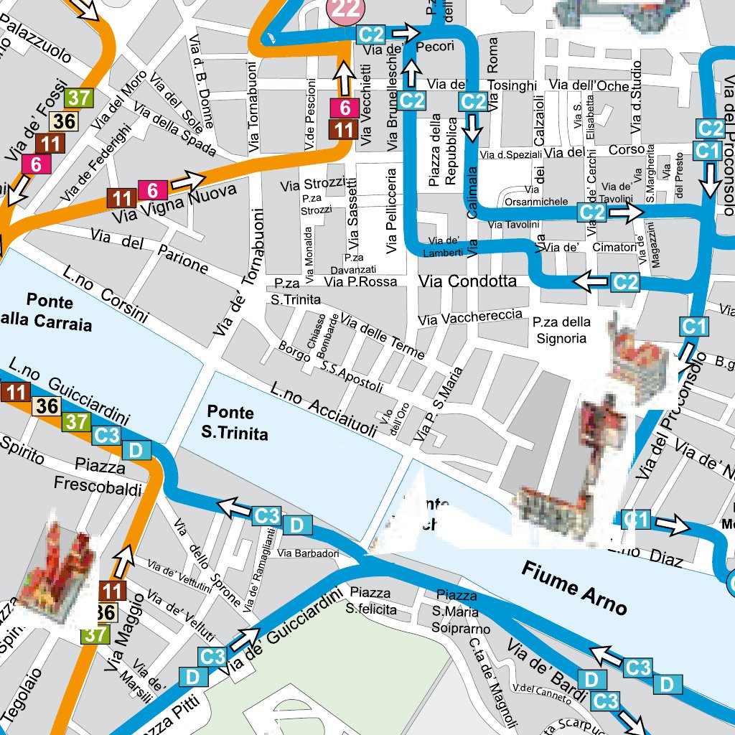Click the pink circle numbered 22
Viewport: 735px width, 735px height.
[345, 9]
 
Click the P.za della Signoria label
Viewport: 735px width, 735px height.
[561, 329]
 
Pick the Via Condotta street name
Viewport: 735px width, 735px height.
[468, 281]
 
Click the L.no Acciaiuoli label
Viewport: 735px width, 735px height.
[323, 409]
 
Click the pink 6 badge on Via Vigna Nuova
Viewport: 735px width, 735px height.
[152, 190]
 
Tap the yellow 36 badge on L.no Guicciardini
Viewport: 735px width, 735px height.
[47, 406]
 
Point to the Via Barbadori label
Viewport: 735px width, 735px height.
[308, 553]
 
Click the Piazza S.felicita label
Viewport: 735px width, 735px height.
[370, 601]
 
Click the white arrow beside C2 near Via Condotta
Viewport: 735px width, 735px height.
[589, 283]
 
